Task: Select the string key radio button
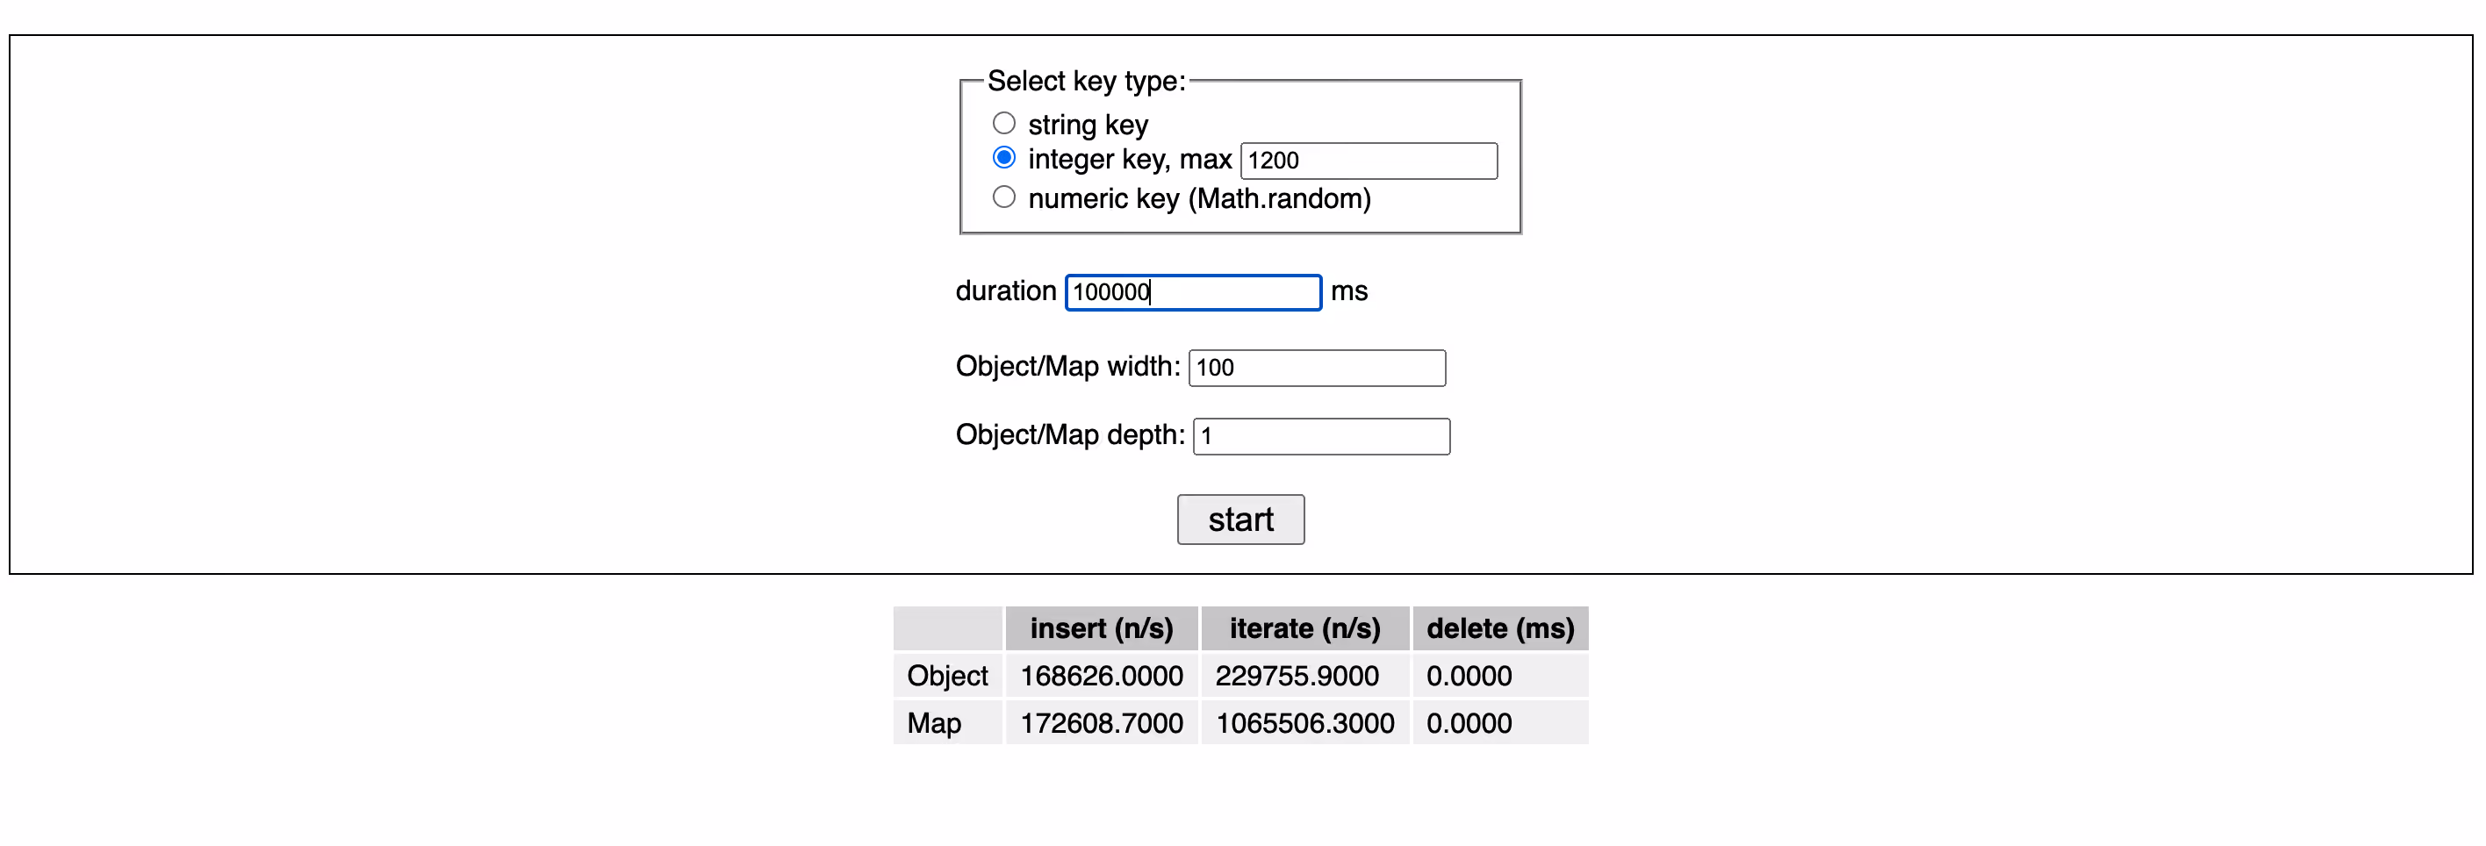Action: tap(1003, 124)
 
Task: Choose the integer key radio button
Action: tap(1003, 157)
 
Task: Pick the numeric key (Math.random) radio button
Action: tap(1003, 197)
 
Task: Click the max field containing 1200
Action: tap(1369, 160)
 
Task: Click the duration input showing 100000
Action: tap(1193, 292)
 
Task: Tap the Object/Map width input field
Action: tap(1317, 368)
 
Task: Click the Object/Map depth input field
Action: tap(1321, 436)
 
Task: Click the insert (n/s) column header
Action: tap(1101, 628)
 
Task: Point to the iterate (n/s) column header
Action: tap(1304, 628)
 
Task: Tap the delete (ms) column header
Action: tap(1499, 628)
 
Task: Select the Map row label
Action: tap(934, 722)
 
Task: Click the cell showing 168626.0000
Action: tap(1101, 675)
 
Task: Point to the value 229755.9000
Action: tap(1297, 675)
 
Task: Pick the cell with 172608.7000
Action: tap(1101, 722)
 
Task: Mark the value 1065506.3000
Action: tap(1304, 722)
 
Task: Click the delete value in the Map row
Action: tap(1469, 722)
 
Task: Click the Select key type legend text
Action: tap(1086, 81)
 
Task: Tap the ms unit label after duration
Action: tap(1349, 291)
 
